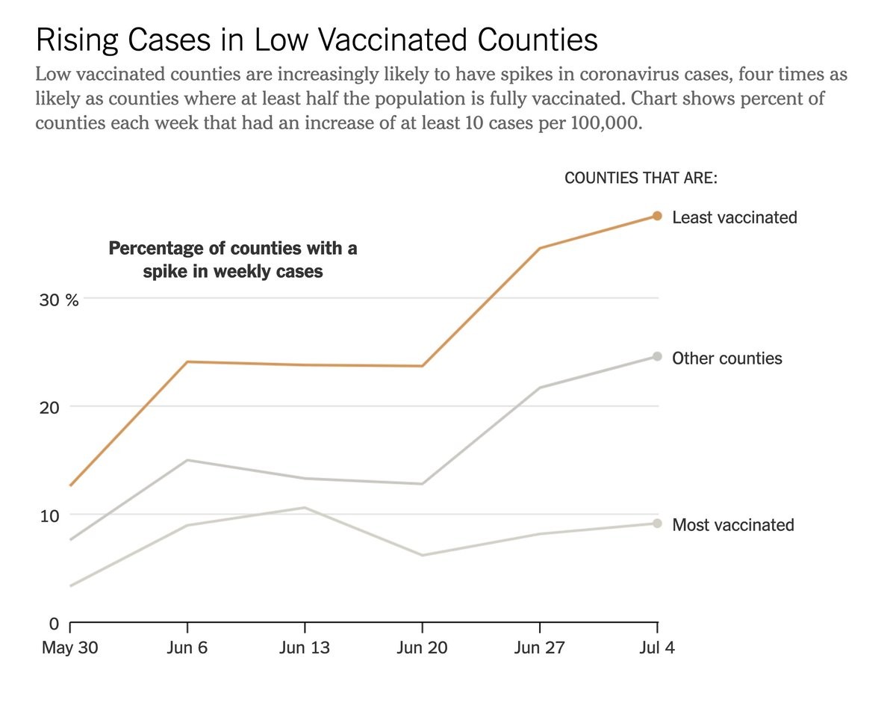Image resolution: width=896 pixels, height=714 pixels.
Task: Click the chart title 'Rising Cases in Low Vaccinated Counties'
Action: pyautogui.click(x=317, y=40)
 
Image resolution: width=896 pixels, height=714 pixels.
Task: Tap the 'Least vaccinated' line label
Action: pyautogui.click(x=734, y=217)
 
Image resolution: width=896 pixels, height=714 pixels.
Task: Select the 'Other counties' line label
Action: pyautogui.click(x=727, y=358)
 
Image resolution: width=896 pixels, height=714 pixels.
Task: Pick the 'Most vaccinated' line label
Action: pyautogui.click(x=732, y=525)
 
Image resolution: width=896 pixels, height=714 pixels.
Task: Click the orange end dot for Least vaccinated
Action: pyautogui.click(x=657, y=216)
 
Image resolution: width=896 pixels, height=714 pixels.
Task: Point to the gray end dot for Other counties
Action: pyautogui.click(x=657, y=356)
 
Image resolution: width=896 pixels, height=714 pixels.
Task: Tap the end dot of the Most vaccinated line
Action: pyautogui.click(x=657, y=524)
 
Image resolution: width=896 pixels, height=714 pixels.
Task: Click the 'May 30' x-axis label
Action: pyautogui.click(x=69, y=648)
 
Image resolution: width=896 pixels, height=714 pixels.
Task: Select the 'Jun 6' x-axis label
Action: pyautogui.click(x=187, y=648)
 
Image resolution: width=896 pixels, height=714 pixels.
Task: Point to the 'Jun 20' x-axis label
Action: pyautogui.click(x=422, y=648)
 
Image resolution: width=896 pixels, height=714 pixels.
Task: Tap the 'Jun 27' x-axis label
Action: pyautogui.click(x=538, y=648)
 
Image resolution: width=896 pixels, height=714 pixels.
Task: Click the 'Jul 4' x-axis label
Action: pyautogui.click(x=656, y=648)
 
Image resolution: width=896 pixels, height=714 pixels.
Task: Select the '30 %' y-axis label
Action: pyautogui.click(x=59, y=300)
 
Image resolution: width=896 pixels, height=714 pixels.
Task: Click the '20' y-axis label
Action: pyautogui.click(x=49, y=408)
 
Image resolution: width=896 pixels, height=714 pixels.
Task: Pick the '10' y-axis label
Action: pyautogui.click(x=49, y=515)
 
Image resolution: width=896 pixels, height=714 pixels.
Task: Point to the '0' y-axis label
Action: pyautogui.click(x=54, y=624)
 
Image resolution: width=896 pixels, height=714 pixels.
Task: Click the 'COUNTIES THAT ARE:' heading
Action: pyautogui.click(x=641, y=178)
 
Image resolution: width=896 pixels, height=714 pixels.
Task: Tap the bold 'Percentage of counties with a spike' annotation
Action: pyautogui.click(x=233, y=259)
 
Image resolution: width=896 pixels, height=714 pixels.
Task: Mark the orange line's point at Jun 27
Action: pyautogui.click(x=539, y=248)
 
